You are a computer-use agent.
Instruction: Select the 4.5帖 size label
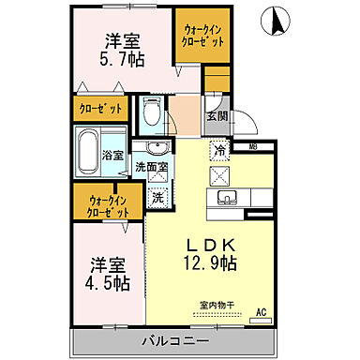(110, 280)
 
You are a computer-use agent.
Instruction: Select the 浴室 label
(113, 154)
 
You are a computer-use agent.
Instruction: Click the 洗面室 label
(150, 168)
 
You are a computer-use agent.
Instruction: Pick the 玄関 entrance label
(217, 115)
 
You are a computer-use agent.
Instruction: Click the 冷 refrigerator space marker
(218, 150)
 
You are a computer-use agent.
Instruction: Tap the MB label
(253, 147)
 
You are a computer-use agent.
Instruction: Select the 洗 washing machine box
(158, 198)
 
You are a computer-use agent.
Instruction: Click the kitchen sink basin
(229, 199)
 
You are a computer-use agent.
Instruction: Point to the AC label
(261, 311)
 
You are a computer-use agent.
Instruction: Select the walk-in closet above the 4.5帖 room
(108, 204)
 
